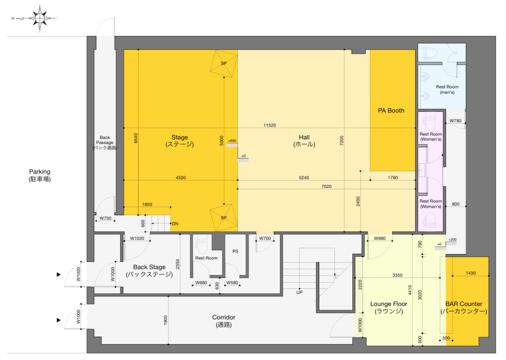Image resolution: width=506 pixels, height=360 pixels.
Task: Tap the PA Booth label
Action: (391, 110)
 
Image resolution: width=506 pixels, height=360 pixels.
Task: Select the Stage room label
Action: (180, 141)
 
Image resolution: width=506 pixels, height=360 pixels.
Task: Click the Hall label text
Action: (304, 141)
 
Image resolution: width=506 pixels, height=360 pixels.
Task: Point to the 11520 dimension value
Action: (269, 125)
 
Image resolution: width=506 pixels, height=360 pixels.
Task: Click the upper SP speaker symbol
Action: (224, 63)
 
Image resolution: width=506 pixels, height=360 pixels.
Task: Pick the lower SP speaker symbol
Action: (224, 218)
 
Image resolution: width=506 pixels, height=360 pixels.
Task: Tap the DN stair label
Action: (175, 224)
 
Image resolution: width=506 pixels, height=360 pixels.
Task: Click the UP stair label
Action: (299, 292)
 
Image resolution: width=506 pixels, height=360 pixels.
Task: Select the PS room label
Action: (235, 251)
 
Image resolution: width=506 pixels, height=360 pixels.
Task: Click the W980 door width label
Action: (380, 238)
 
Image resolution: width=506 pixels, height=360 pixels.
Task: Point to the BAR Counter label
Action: (464, 308)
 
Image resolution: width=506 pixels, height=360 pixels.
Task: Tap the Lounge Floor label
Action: (389, 308)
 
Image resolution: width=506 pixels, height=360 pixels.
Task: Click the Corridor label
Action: (224, 321)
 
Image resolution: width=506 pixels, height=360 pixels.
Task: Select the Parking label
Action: (40, 175)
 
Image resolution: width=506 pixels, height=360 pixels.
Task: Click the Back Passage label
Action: (105, 142)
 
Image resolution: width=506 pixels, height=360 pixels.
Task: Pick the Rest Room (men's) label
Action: (447, 90)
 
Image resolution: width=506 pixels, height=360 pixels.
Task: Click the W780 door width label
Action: (455, 121)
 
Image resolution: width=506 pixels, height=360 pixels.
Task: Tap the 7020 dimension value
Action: (327, 186)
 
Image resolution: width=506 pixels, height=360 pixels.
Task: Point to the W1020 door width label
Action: (137, 238)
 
